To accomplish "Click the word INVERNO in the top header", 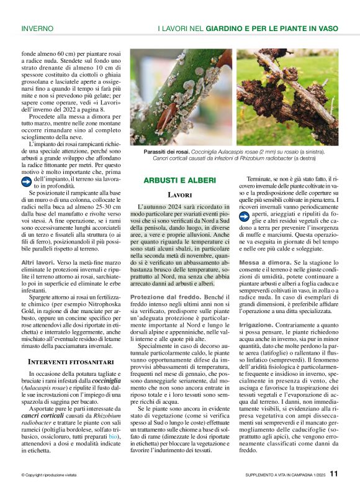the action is point(37,28).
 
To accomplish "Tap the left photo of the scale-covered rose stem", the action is point(181,98).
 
